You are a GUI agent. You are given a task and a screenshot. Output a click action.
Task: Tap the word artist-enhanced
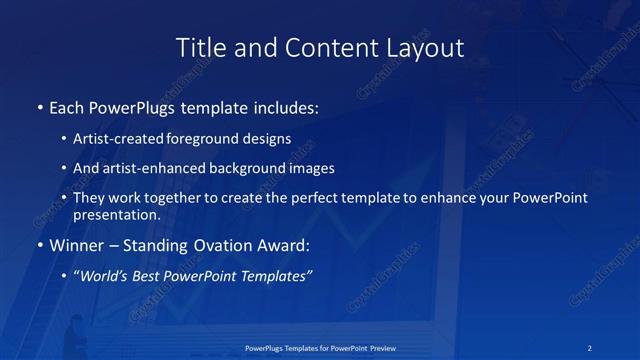pyautogui.click(x=146, y=169)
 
